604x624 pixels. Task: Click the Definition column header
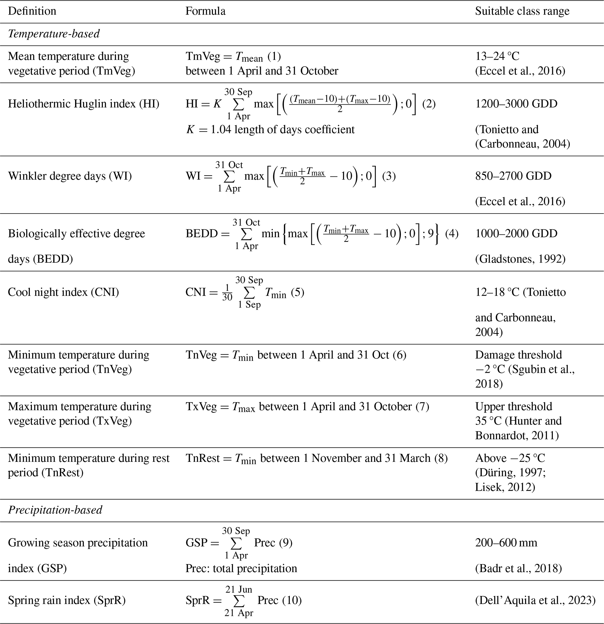[x=32, y=11]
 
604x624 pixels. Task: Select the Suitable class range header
[x=522, y=11]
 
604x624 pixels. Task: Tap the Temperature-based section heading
[x=54, y=33]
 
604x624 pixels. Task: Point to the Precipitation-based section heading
[x=55, y=510]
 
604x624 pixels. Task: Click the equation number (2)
[x=429, y=104]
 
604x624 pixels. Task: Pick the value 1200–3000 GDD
[x=516, y=104]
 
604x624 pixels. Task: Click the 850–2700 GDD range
[x=513, y=176]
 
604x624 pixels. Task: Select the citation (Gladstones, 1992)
[x=520, y=259]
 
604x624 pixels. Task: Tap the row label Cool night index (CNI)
[x=63, y=292]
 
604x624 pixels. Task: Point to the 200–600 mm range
[x=506, y=542]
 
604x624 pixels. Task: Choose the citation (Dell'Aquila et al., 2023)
[x=535, y=600]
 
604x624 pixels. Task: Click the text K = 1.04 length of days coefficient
[x=270, y=130]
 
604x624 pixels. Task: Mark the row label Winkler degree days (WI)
[x=70, y=176]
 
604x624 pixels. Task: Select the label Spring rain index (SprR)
[x=67, y=600]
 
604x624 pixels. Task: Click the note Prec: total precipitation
[x=241, y=568]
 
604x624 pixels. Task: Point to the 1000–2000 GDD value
[x=516, y=233]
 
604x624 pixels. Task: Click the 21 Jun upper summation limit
[x=239, y=589]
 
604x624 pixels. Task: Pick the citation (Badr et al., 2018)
[x=518, y=568]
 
